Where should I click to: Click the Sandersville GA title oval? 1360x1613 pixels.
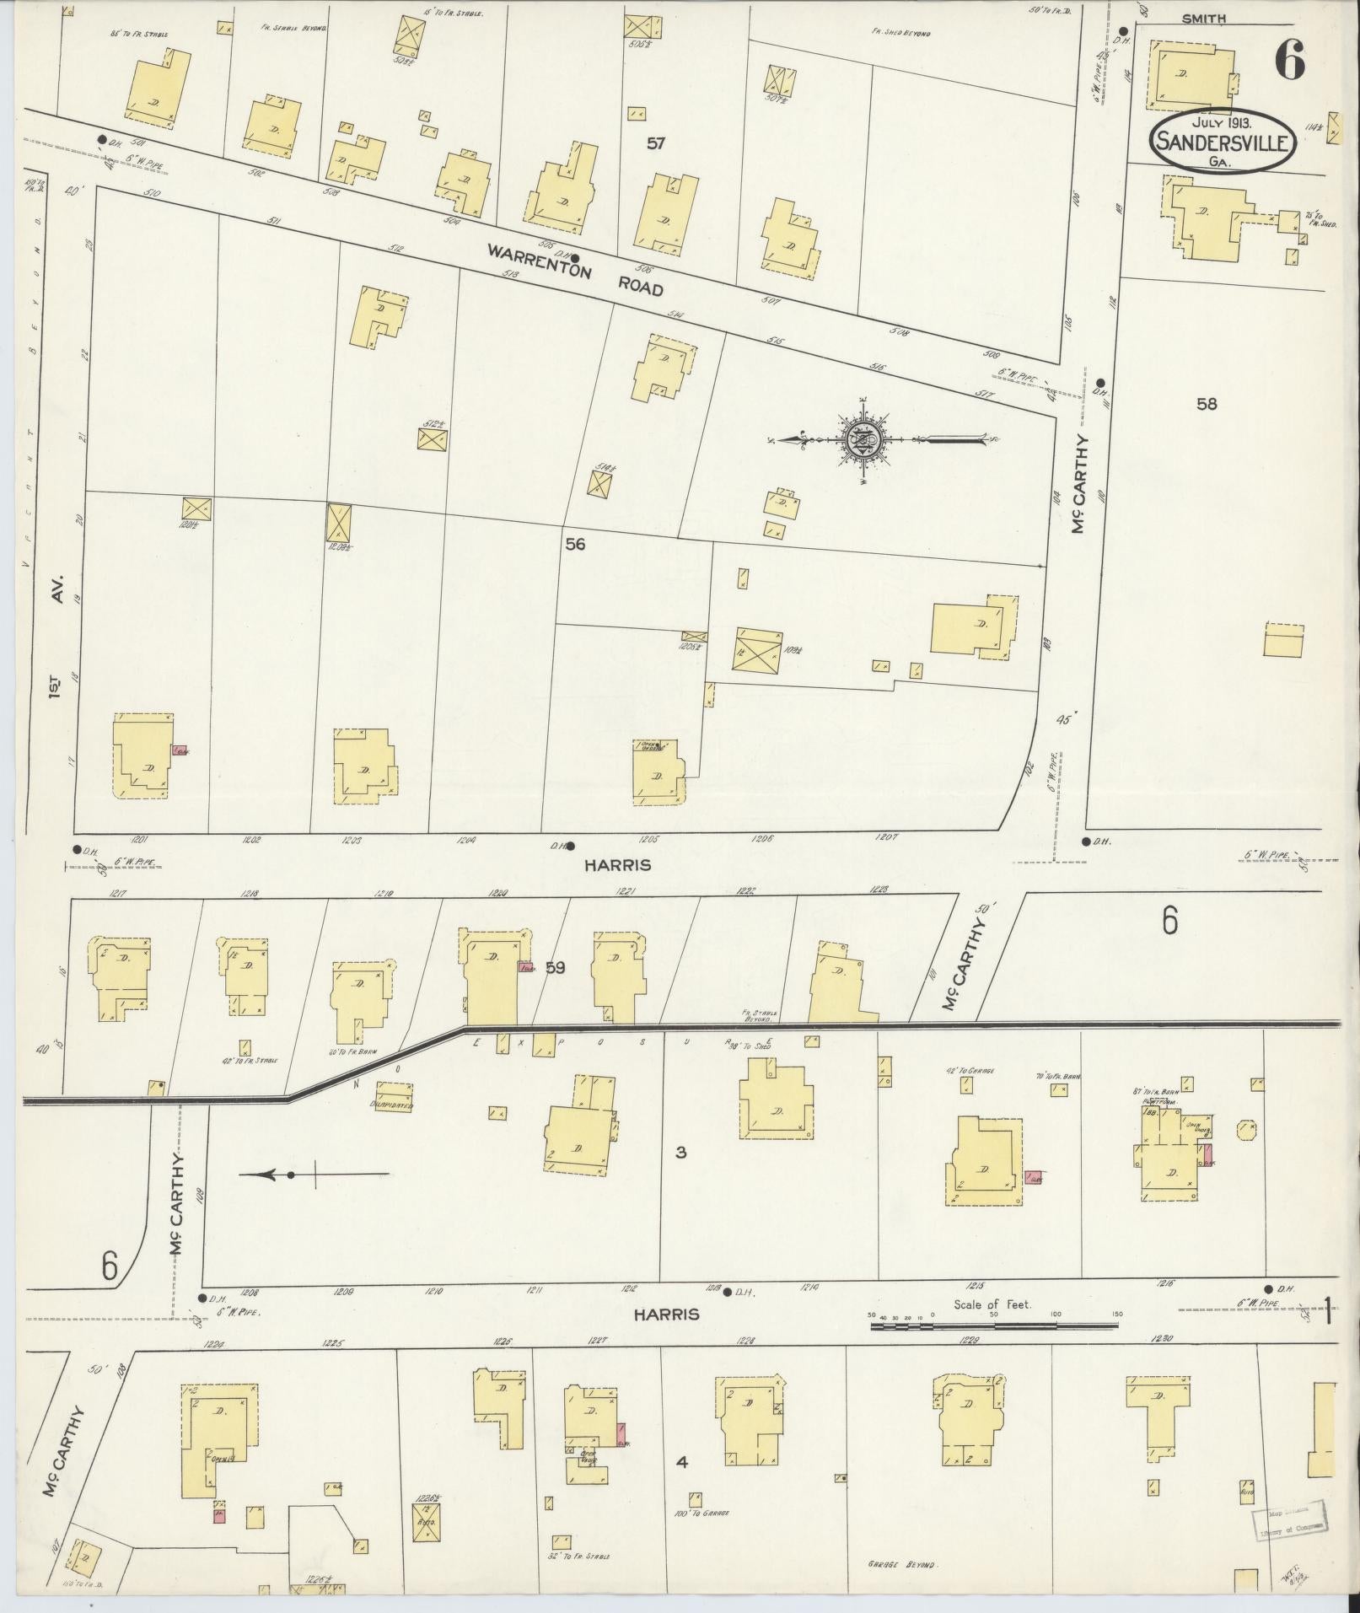tap(1221, 142)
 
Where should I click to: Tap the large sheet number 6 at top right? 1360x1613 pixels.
tap(1290, 59)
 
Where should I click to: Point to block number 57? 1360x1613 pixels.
tap(656, 144)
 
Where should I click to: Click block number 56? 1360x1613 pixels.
tap(575, 545)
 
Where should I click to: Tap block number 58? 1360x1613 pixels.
tap(1207, 404)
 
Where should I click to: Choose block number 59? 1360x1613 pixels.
tap(554, 968)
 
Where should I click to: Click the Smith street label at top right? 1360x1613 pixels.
tap(1203, 18)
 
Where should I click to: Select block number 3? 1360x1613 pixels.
tap(681, 1152)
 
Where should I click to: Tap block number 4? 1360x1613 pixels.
tap(682, 1462)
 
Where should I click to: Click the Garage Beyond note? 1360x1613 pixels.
tap(902, 1564)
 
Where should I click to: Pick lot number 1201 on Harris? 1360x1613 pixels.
tap(141, 840)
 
